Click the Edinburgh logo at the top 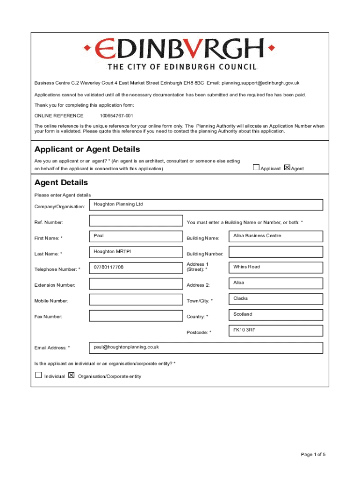pyautogui.click(x=180, y=54)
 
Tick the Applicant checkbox pyautogui.click(x=256, y=167)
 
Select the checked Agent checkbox pyautogui.click(x=287, y=167)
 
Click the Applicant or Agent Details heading pyautogui.click(x=87, y=149)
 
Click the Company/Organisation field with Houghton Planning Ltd pyautogui.click(x=206, y=205)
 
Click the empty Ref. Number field pyautogui.click(x=136, y=221)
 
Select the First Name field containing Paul pyautogui.click(x=136, y=236)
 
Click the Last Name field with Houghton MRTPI pyautogui.click(x=136, y=252)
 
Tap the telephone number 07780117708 pyautogui.click(x=109, y=268)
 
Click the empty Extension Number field pyautogui.click(x=136, y=283)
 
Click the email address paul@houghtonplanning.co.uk pyautogui.click(x=126, y=347)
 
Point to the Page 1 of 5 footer pyautogui.click(x=313, y=454)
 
